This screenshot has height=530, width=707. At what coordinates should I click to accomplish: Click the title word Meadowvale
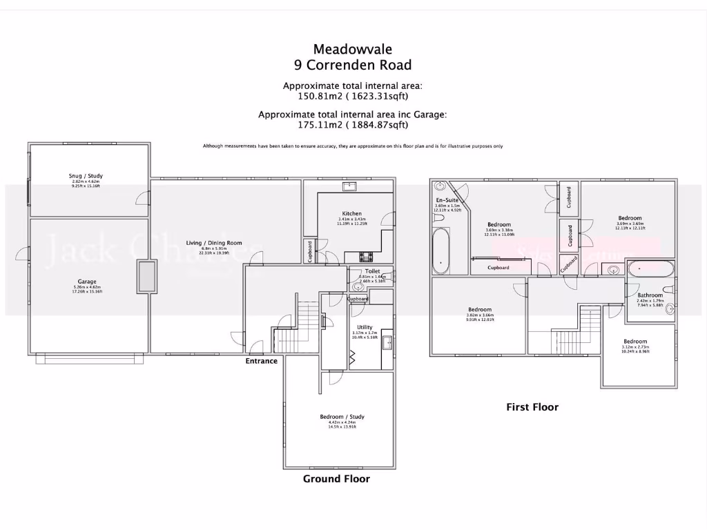(352, 49)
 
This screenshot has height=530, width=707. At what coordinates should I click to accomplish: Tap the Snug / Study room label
(87, 177)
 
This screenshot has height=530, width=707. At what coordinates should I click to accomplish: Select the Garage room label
(87, 282)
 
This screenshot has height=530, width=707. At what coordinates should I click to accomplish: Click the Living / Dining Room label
(214, 242)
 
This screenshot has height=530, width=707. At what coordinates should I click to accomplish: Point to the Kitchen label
(351, 214)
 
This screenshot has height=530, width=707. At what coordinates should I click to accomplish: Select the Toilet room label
(373, 272)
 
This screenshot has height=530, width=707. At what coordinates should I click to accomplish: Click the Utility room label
(365, 327)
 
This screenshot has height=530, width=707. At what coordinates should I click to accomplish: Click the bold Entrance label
(262, 361)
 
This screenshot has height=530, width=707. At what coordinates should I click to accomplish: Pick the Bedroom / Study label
(342, 417)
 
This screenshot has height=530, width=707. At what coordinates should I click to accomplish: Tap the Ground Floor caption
(336, 479)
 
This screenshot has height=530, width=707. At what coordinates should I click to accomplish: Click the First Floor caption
(532, 407)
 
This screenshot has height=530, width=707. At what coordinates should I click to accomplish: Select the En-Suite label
(447, 200)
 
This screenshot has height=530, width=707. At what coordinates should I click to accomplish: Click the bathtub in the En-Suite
(440, 251)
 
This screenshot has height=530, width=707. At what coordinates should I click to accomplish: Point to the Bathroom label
(650, 295)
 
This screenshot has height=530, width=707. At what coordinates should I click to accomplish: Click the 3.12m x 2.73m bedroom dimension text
(635, 347)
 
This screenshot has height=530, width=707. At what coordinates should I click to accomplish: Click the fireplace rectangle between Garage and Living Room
(146, 277)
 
